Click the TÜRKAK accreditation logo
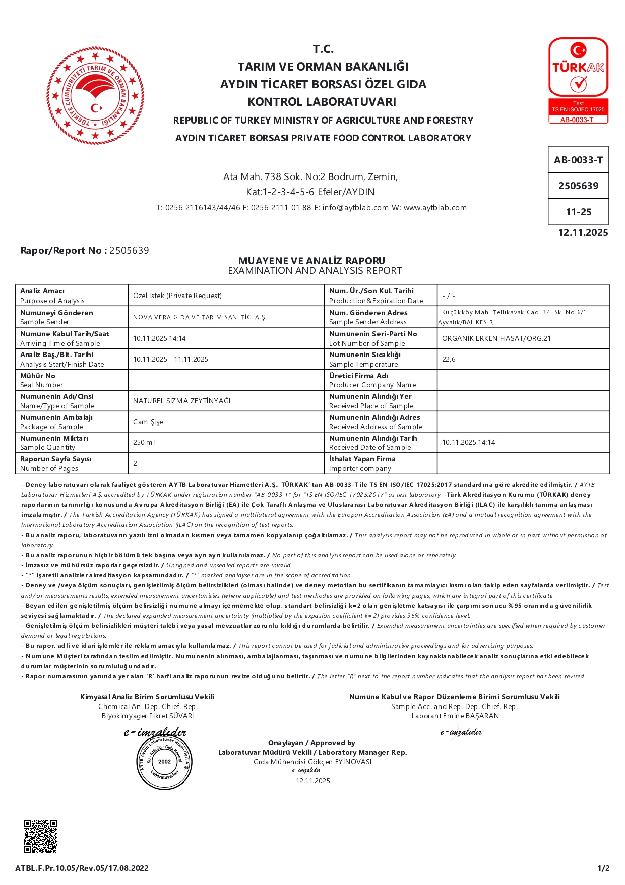tap(578, 80)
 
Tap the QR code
tap(40, 836)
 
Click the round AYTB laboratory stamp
tap(164, 761)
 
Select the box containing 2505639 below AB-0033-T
tap(578, 186)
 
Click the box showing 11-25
tap(578, 212)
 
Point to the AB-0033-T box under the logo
tap(578, 160)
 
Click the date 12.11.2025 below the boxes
tap(583, 233)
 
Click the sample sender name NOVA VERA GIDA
tap(200, 317)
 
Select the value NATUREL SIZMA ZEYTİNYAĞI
tap(181, 401)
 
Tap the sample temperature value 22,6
tap(449, 359)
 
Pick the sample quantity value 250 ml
tap(144, 442)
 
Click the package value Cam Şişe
tap(148, 422)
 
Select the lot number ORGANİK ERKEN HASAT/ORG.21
tap(496, 338)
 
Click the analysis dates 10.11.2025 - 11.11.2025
tap(170, 359)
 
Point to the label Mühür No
tap(38, 376)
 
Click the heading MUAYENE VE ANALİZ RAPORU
tap(311, 261)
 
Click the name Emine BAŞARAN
tap(471, 716)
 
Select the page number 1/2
tap(603, 868)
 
